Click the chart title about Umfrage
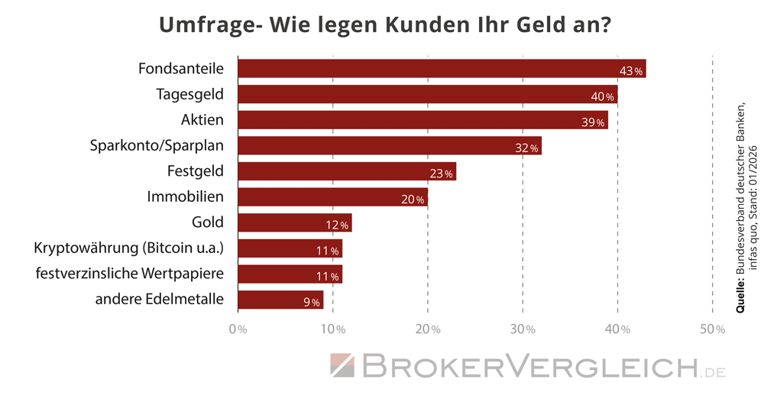384,24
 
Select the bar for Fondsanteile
442,69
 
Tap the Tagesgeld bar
428,95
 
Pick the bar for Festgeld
347,171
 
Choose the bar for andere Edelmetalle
280,300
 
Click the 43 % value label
632,71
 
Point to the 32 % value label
527,148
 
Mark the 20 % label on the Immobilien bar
413,200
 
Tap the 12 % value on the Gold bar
338,226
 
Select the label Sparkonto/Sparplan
157,145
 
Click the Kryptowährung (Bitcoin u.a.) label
129,248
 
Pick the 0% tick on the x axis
238,329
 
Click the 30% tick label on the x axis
523,329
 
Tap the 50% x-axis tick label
712,329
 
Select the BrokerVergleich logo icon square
343,365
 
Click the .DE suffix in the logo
714,372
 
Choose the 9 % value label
311,303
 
